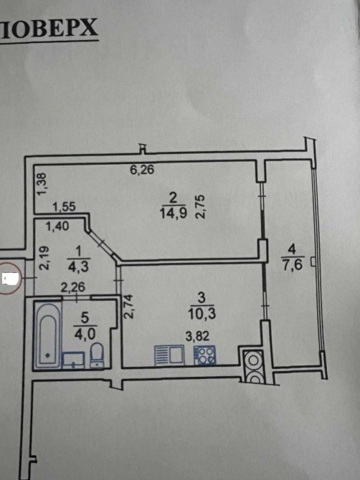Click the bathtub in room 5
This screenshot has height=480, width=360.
click(x=48, y=335)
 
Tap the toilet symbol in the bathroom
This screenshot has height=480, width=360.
click(x=98, y=355)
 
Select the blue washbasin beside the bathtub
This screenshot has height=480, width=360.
click(x=74, y=360)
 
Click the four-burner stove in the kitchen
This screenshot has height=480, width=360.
click(x=204, y=355)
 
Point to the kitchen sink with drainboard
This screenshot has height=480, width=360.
click(x=169, y=355)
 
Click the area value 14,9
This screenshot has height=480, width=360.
click(x=173, y=213)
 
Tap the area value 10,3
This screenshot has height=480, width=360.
click(x=202, y=314)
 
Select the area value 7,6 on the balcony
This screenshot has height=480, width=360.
click(x=293, y=264)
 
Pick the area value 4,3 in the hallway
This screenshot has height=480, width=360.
click(x=78, y=267)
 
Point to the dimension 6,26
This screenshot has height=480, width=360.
click(x=142, y=170)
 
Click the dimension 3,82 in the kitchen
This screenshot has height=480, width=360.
click(x=198, y=336)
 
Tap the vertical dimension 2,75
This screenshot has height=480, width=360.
click(x=200, y=207)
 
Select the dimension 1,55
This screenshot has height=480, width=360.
click(x=64, y=207)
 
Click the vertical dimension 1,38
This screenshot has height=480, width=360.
click(x=42, y=184)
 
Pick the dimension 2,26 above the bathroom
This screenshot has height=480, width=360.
click(x=72, y=287)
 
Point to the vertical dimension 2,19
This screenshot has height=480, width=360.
click(x=44, y=259)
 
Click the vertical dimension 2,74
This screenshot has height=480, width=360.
click(x=128, y=307)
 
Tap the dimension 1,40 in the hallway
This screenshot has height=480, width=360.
click(x=57, y=226)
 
